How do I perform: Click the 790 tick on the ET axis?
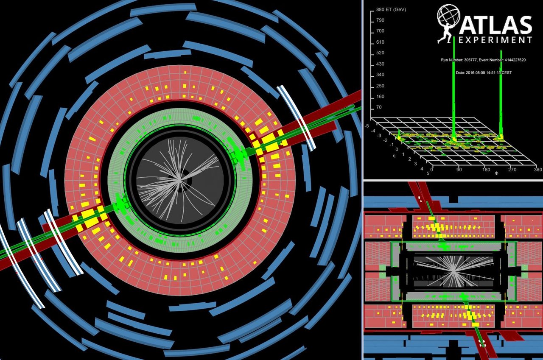point(380,20)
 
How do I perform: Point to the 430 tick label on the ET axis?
point(380,64)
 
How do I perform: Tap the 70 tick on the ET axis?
point(379,107)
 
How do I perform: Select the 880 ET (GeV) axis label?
point(391,10)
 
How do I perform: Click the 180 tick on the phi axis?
point(486,170)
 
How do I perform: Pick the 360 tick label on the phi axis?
point(538,170)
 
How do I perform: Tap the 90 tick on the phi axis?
point(459,170)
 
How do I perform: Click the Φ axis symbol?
point(496,173)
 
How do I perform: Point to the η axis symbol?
point(394,156)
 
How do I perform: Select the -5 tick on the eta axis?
point(367,126)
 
